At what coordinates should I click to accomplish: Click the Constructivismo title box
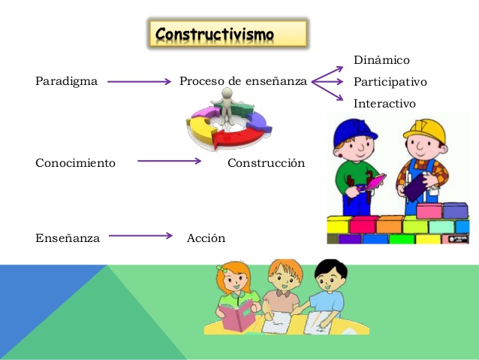coord(228,33)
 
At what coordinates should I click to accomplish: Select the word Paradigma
coord(66,81)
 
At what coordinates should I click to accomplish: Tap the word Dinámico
coord(381,60)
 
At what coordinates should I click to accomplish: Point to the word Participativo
coord(390,82)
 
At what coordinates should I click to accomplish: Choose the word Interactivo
coord(384,104)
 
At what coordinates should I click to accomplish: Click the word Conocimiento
coord(76,163)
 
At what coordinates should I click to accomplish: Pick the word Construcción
coord(266,163)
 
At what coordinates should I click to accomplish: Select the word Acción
coord(206,238)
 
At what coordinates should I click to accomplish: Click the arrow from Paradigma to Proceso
coord(139,82)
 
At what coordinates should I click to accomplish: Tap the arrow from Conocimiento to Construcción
coord(169,161)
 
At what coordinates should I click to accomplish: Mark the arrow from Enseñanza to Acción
coord(140,235)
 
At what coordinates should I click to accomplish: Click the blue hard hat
coord(354,132)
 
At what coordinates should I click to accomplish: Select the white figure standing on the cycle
coord(227,105)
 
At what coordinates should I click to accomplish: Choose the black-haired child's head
coord(330,275)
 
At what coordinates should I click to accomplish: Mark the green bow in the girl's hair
coord(222,269)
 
